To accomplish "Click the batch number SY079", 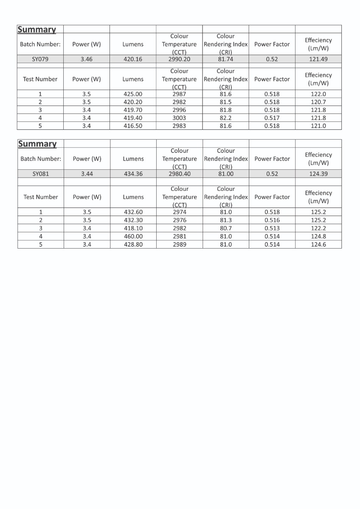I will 40,59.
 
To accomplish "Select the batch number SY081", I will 41,174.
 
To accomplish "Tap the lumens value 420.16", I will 133,59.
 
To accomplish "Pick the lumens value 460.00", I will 133,236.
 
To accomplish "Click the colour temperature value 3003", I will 179,118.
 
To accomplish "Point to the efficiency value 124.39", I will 318,174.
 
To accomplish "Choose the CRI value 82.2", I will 225,118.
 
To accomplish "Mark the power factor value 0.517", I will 272,118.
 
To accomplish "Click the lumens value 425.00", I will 133,94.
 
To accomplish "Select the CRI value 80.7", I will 225,228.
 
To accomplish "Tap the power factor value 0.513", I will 272,228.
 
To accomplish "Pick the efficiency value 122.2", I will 318,228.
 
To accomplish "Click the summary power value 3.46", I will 87,59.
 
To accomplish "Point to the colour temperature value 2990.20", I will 179,59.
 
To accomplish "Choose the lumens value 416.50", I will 133,126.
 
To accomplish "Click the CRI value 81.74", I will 225,59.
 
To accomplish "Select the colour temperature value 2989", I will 180,245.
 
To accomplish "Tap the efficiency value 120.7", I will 318,102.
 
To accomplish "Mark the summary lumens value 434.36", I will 133,174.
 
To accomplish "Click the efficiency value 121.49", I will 318,59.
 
